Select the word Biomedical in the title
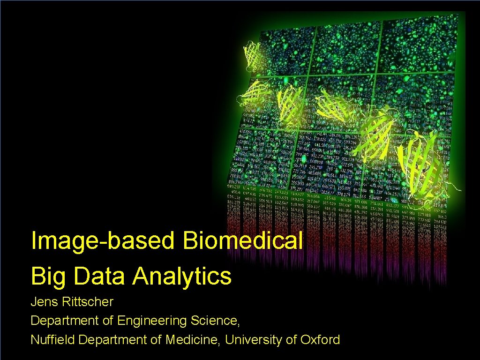[x=242, y=241]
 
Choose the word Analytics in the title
[x=182, y=276]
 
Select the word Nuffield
[x=53, y=340]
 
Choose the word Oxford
[x=319, y=340]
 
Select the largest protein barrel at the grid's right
[x=420, y=164]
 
